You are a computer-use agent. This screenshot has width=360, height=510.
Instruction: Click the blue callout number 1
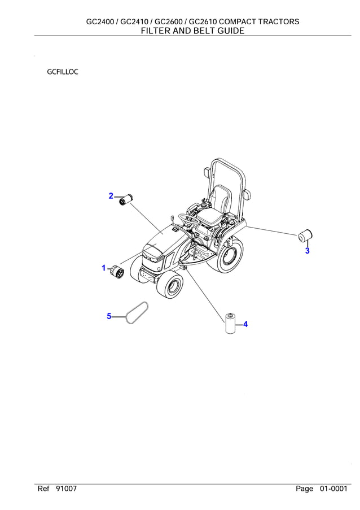point(104,268)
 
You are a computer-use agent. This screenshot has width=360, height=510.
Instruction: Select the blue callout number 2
point(112,196)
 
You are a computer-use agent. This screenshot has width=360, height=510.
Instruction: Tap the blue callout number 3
point(307,251)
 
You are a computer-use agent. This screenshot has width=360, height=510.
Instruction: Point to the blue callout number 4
point(245,324)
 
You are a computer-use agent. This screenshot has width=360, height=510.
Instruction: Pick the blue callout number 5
point(109,316)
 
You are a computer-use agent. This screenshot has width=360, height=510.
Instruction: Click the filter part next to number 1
point(117,271)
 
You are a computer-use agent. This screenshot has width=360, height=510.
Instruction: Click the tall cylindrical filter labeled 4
point(230,325)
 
